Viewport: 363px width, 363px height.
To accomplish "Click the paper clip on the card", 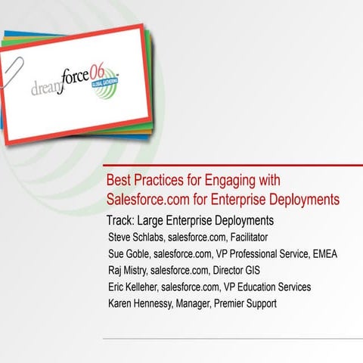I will click(x=13, y=69).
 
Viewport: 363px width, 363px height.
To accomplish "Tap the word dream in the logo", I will click(x=51, y=88).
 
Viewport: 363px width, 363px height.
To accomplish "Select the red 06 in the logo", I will click(x=108, y=70).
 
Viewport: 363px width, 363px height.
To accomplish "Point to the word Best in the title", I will click(x=117, y=181).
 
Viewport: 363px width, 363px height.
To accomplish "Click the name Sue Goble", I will click(x=132, y=254).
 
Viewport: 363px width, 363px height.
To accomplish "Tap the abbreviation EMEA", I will click(x=323, y=254).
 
